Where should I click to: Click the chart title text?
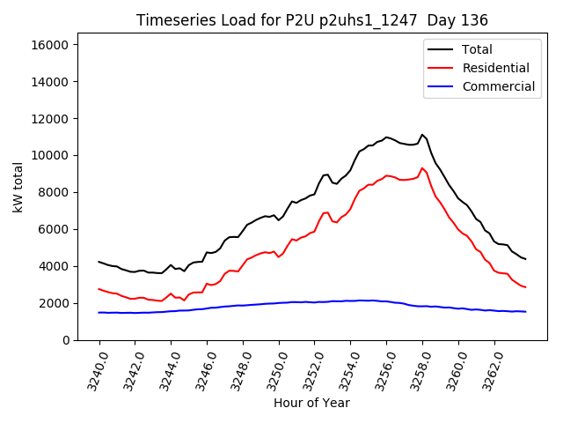(x=312, y=20)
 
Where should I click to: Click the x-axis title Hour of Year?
(x=311, y=403)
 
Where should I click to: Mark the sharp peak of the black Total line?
(x=422, y=135)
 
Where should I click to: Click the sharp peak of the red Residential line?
(x=422, y=168)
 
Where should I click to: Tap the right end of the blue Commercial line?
(x=526, y=312)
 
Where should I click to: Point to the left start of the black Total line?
(x=99, y=262)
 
